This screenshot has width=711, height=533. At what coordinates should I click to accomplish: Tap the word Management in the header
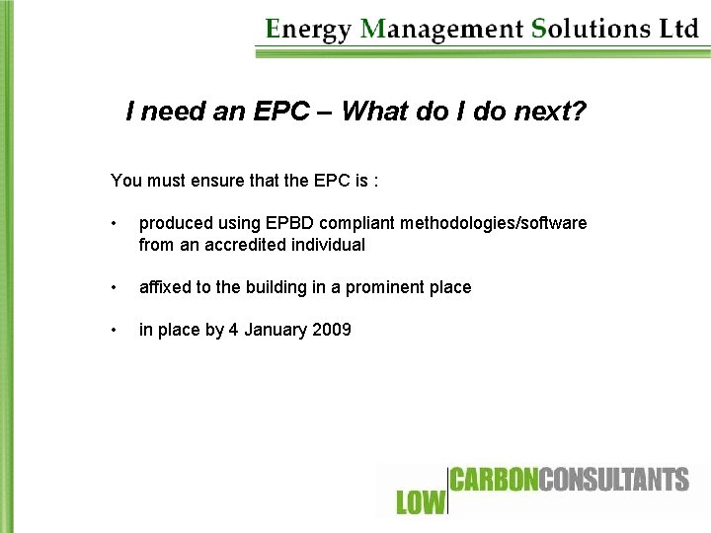point(442,29)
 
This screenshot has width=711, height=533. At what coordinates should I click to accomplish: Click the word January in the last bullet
point(274,330)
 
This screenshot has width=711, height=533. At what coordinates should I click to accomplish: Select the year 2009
point(332,330)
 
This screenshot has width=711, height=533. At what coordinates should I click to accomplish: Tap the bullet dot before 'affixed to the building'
point(117,288)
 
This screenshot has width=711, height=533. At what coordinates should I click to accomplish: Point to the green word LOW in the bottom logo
point(421,502)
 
